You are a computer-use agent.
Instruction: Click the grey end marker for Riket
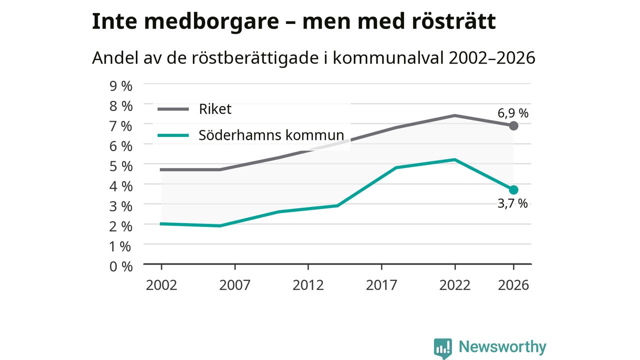coord(513,125)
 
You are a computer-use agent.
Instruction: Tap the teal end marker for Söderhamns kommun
coord(513,189)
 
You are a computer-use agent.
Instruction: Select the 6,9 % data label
coord(513,113)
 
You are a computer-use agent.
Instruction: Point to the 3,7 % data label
coord(512,203)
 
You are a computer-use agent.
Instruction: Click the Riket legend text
coord(215,109)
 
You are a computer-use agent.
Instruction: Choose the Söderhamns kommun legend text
coord(271,135)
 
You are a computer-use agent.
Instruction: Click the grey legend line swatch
coord(173,109)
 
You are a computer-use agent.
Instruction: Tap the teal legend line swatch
coord(173,135)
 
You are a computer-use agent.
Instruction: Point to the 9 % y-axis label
coord(121,86)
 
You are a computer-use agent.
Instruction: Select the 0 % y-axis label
coord(121,266)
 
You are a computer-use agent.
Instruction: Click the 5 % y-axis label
coord(121,166)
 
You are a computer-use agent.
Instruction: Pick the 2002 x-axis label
coord(161,285)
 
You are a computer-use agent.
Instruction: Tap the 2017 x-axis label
coord(381,285)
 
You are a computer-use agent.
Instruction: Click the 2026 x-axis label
coord(513,285)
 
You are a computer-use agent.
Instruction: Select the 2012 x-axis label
coord(308,285)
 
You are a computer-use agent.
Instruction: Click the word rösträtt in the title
coord(453,21)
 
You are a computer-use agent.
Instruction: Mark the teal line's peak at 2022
coord(454,159)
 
